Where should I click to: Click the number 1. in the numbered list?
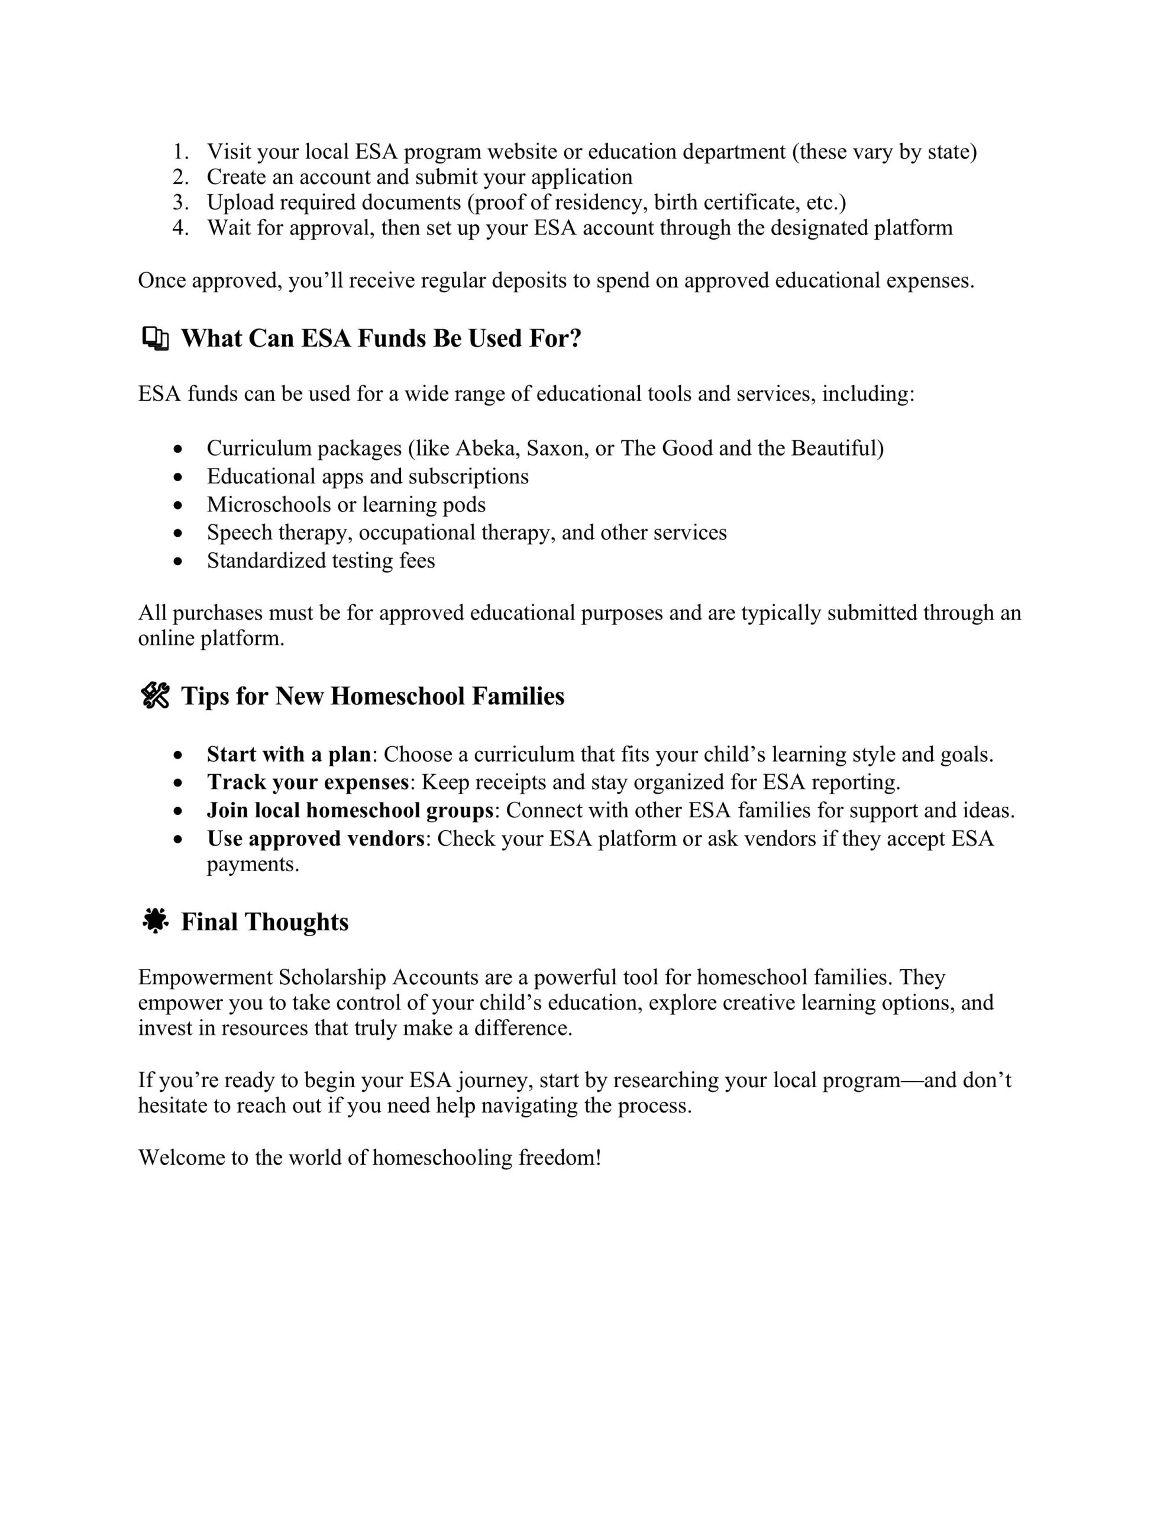(x=180, y=152)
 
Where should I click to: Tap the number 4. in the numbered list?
(x=180, y=227)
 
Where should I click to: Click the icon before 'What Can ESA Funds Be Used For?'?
(x=156, y=339)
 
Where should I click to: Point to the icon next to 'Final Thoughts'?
(x=156, y=921)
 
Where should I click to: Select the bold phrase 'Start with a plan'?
(x=289, y=754)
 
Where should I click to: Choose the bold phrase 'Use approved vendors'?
(x=315, y=838)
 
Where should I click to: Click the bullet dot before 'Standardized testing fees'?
(x=179, y=561)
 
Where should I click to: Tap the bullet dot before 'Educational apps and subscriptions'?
(x=179, y=477)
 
